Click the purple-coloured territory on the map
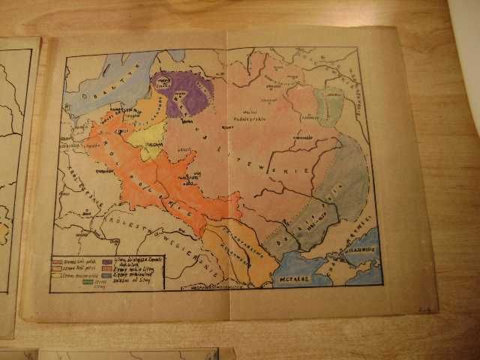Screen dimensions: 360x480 tap(182, 93)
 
